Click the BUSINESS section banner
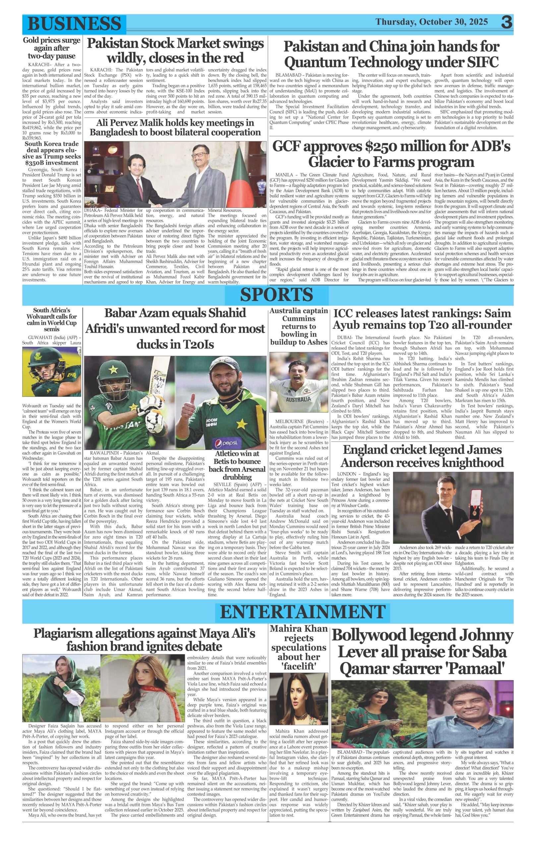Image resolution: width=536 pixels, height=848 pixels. click(x=74, y=24)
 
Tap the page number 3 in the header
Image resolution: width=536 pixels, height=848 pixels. click(x=507, y=22)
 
